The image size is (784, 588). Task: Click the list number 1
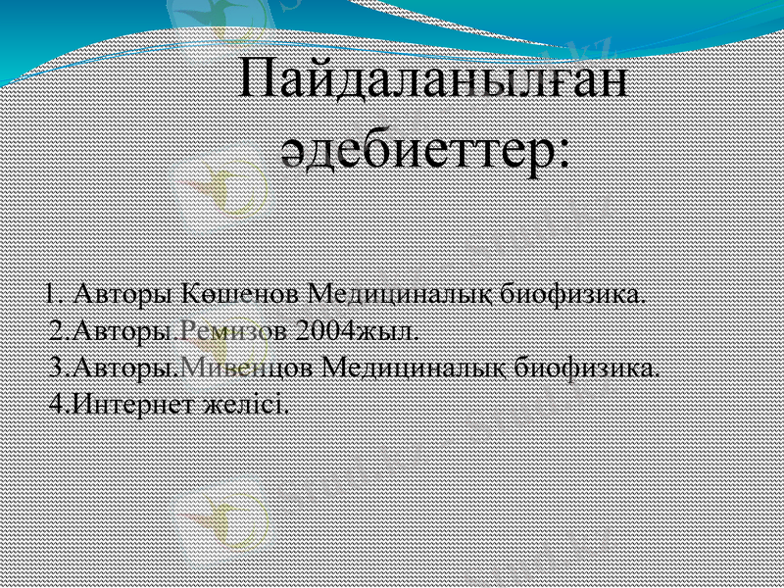pyautogui.click(x=52, y=293)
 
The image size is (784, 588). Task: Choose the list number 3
pyautogui.click(x=56, y=367)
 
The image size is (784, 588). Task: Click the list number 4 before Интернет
pyautogui.click(x=56, y=403)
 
